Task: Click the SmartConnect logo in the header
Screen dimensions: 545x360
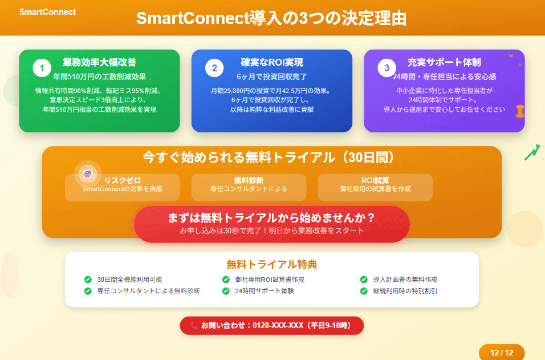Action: point(48,12)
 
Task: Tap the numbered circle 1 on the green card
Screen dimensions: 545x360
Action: point(42,68)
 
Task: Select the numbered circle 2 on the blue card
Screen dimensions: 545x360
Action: point(214,68)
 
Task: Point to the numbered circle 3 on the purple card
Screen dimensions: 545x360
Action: point(387,68)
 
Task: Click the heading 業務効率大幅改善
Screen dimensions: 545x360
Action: point(99,62)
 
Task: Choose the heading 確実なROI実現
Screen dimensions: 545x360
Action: point(272,62)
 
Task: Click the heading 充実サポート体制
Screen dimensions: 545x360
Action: point(444,62)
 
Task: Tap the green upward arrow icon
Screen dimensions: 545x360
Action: point(532,152)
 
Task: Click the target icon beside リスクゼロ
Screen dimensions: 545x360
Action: point(88,173)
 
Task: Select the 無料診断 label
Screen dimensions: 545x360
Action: point(249,180)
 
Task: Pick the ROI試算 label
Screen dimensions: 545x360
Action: point(375,180)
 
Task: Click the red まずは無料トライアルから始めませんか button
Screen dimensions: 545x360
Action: point(272,224)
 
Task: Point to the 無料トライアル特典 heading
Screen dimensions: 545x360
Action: point(272,264)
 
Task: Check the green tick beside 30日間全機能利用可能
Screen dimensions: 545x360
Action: point(88,280)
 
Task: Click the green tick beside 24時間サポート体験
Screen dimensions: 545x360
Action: point(226,291)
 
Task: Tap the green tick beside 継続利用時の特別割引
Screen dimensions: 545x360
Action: point(364,291)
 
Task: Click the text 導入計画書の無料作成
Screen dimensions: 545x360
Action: point(405,280)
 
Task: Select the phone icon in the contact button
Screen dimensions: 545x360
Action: point(194,326)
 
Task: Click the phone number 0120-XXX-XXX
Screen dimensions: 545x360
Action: point(278,326)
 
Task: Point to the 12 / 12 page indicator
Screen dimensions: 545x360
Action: point(502,353)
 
